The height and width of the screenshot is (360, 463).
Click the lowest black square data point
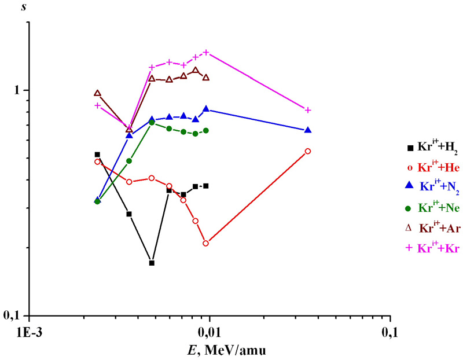click(x=152, y=263)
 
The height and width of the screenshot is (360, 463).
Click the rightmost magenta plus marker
click(x=308, y=110)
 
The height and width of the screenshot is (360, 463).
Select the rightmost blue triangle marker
click(x=308, y=130)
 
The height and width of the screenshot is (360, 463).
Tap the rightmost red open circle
click(x=308, y=151)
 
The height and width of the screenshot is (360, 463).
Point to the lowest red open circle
click(x=206, y=243)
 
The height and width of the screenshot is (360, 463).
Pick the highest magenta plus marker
click(x=206, y=53)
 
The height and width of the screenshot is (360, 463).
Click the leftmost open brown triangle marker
click(x=97, y=93)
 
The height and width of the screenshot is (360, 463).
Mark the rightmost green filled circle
click(x=206, y=131)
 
